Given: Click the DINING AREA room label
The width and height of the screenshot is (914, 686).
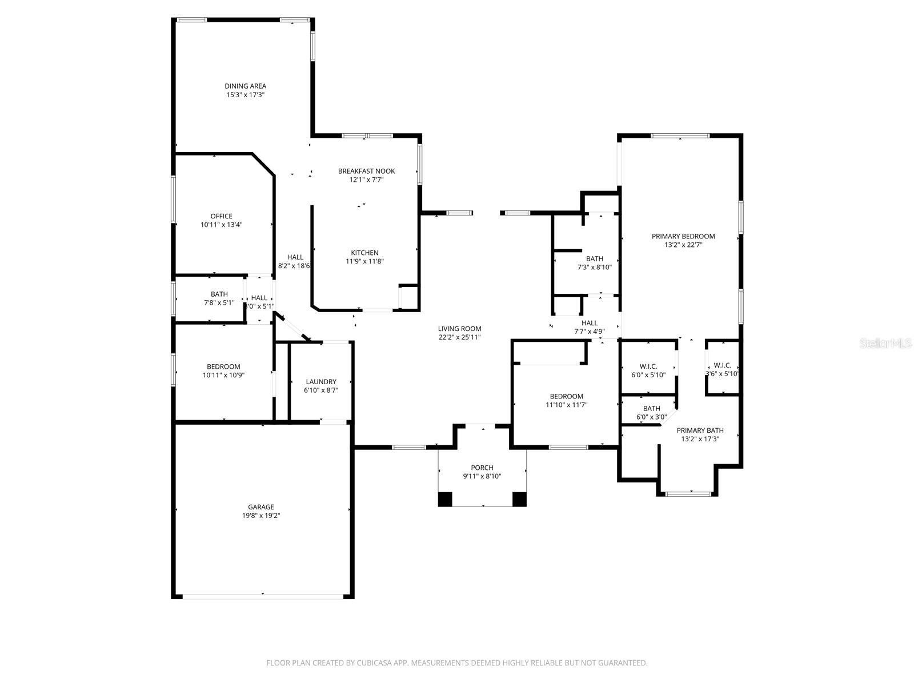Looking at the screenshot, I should click(x=245, y=86).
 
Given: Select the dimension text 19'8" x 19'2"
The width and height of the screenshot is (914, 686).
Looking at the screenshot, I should click(x=261, y=516).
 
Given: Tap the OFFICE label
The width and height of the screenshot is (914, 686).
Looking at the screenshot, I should click(x=221, y=216).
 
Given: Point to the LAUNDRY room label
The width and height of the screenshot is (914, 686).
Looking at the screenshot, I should click(x=321, y=382).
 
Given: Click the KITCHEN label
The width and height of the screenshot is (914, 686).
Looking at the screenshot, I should click(x=364, y=253).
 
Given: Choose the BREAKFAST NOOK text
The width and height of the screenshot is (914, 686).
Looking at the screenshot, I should click(x=366, y=171).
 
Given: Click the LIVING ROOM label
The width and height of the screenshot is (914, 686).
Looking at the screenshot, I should click(x=459, y=329).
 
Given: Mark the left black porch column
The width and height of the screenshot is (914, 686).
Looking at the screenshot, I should click(x=445, y=499).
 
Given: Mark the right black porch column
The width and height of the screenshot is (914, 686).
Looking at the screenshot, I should click(x=519, y=499).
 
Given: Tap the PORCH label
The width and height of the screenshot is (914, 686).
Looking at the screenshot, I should click(x=482, y=468).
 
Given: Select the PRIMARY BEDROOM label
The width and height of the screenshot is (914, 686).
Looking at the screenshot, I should click(x=683, y=236).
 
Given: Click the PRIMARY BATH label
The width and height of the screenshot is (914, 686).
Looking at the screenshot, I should click(x=700, y=430).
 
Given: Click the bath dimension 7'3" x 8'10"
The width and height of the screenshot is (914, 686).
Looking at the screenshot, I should click(x=594, y=267).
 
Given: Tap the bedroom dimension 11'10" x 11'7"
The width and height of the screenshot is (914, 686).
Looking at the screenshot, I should click(x=566, y=405).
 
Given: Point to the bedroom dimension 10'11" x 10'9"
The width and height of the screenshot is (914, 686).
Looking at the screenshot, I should click(x=223, y=376).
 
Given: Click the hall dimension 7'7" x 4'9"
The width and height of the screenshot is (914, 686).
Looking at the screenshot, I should click(x=590, y=332).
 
